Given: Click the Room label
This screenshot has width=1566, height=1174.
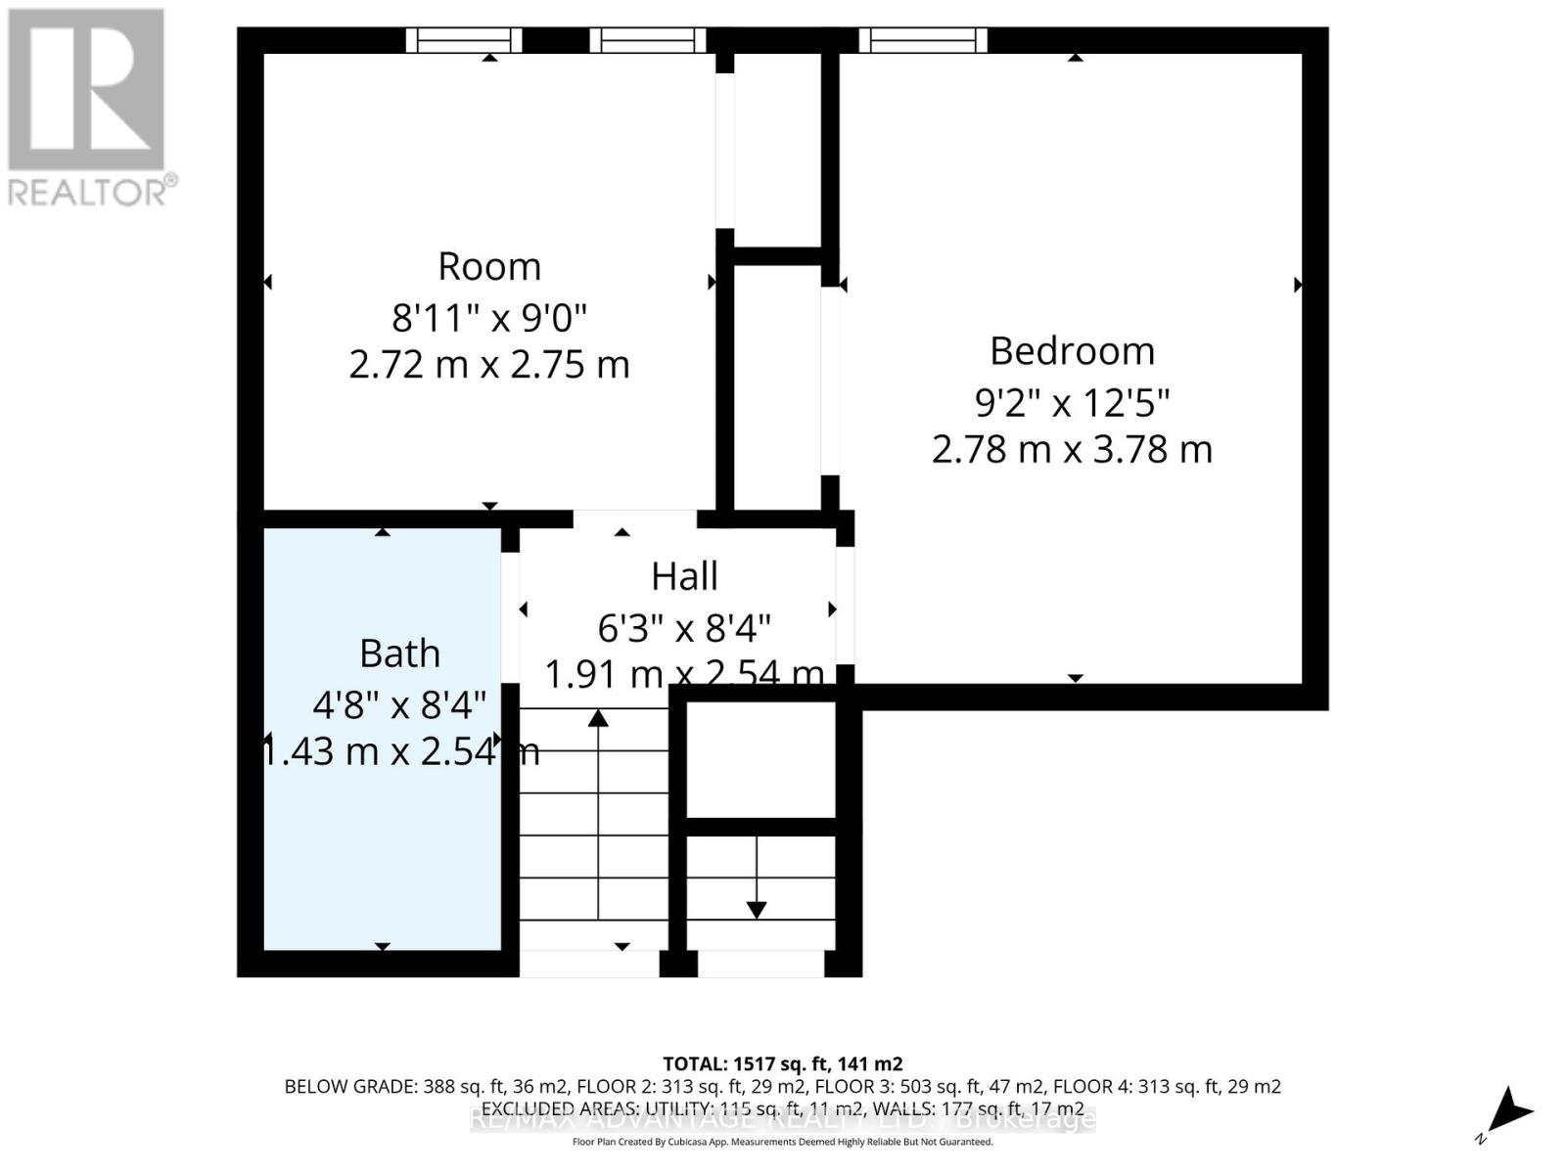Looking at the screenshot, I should coord(488,266).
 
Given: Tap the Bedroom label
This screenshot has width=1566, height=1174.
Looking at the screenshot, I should coord(1072,350).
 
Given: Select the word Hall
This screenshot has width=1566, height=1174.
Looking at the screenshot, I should coord(684,576).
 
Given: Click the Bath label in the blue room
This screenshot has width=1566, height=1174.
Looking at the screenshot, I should coord(399,654).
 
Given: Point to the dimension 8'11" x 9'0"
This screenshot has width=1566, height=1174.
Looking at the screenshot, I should coord(488,317).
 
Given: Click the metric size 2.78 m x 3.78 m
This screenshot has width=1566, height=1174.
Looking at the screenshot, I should coord(1072,450).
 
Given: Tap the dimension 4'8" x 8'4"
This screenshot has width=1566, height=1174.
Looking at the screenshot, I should coord(399,704).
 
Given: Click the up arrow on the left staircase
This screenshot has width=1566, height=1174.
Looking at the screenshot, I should coord(598,720).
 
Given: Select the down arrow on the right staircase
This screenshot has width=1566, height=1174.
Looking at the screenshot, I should coord(757,909).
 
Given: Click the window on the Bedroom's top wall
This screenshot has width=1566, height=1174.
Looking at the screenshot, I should coord(923,40).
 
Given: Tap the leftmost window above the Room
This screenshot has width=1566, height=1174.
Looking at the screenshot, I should coord(464,40).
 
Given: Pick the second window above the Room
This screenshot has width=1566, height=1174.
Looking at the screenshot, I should coord(647,40).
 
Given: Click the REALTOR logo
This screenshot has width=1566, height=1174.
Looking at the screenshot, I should coord(88,108).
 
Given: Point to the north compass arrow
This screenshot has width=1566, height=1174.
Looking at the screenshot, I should coord(1511,1111).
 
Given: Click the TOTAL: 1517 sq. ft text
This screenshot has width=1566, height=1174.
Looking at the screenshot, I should coord(782,1063).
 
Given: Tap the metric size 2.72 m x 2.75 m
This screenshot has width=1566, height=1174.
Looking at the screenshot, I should coord(488,365).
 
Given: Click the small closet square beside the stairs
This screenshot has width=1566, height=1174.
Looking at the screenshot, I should coord(760,760).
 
